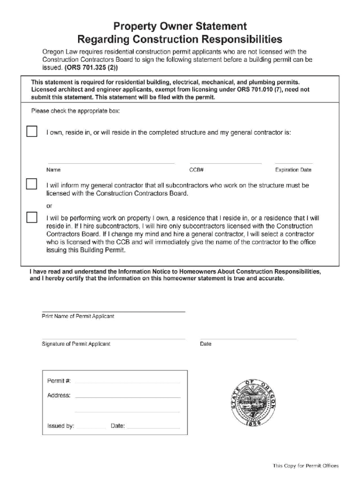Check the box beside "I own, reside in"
(x=31, y=131)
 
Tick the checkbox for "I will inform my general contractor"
(x=31, y=184)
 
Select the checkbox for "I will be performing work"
(x=31, y=217)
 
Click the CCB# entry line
(x=225, y=163)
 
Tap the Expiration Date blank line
(x=293, y=163)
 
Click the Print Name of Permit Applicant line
(x=113, y=311)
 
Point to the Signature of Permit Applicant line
(x=113, y=338)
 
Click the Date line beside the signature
(x=248, y=338)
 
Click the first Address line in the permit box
(x=127, y=397)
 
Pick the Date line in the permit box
(x=153, y=428)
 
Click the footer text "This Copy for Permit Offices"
(x=306, y=465)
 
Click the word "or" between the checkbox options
(x=49, y=206)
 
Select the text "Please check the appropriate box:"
(x=75, y=111)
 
